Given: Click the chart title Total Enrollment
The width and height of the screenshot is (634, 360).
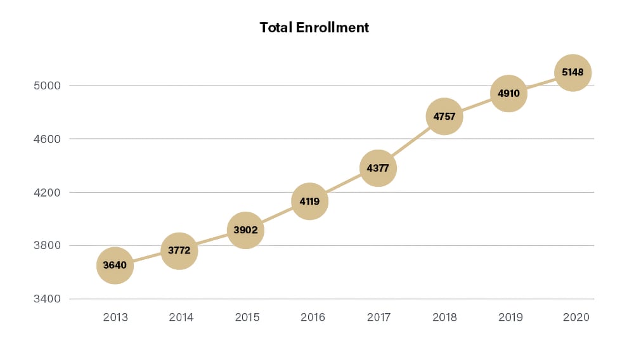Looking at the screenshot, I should tap(314, 28).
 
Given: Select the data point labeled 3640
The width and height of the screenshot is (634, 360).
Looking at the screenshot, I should tap(115, 266).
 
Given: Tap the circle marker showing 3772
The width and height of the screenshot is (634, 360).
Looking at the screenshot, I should tap(179, 251).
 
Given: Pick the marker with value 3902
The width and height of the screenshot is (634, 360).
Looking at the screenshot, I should tap(245, 230).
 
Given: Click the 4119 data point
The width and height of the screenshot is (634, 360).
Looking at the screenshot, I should tap(309, 202).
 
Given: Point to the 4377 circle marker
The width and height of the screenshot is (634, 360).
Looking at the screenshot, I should tap(378, 169).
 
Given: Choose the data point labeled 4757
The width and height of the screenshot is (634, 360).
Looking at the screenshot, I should tap(444, 117).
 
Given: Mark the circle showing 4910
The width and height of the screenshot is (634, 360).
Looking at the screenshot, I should tap(508, 93).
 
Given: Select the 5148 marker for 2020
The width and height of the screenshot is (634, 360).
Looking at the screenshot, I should tap(573, 73).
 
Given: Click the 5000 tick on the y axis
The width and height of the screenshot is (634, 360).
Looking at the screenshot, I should tap(48, 86).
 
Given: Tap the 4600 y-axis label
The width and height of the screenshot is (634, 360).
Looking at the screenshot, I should tap(48, 139).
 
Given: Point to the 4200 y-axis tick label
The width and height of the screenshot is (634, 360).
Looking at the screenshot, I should tap(48, 192).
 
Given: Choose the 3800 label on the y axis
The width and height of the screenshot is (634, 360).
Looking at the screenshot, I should tap(48, 245).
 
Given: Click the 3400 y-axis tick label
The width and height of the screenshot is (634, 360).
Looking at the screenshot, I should tap(48, 299).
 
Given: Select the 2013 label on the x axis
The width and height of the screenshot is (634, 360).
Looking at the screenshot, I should tap(115, 318).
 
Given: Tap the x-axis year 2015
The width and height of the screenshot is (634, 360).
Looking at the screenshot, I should tap(247, 318).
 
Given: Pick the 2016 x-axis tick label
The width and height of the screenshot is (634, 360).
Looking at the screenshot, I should tap(312, 318).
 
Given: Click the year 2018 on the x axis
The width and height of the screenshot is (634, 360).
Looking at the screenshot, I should tap(444, 318).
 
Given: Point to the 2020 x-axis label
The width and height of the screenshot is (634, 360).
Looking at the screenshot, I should tap(576, 318).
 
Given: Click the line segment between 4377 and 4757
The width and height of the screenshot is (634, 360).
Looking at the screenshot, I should tap(411, 143).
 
